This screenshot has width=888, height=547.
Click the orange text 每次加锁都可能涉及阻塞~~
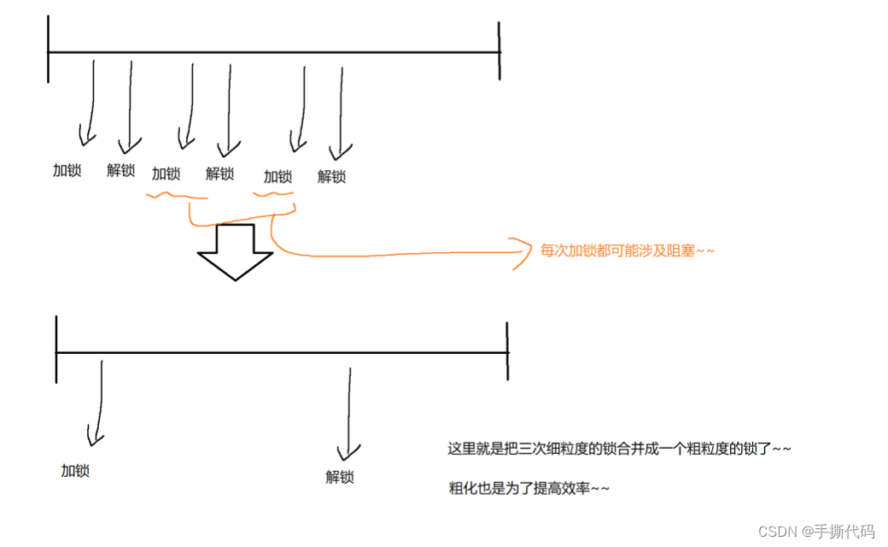coord(627,251)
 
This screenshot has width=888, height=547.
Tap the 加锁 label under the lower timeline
coord(75,470)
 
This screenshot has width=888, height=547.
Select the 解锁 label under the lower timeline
coord(340,477)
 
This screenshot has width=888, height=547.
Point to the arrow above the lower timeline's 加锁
coord(97,402)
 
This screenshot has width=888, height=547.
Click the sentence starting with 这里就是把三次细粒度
coord(620,449)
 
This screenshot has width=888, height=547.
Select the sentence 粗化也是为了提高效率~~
coord(529,488)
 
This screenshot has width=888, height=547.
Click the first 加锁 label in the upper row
coord(67,170)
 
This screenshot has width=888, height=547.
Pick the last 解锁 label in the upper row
coord(332,177)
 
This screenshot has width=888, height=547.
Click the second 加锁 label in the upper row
coord(166,174)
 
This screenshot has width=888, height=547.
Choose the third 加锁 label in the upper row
coord(278,177)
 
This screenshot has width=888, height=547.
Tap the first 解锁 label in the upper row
coord(121,170)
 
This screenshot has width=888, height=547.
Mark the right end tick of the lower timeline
coord(507,350)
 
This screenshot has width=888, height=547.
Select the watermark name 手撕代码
coord(848,531)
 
